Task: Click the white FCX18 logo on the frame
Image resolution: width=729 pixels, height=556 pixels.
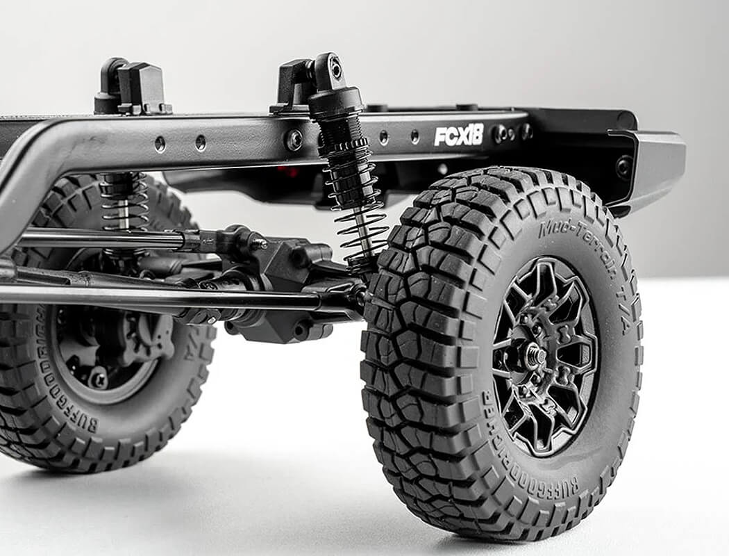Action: (x=458, y=135)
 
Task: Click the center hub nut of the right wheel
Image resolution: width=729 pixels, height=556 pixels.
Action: (x=534, y=357)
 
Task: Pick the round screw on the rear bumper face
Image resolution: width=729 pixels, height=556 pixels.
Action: (x=623, y=167)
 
